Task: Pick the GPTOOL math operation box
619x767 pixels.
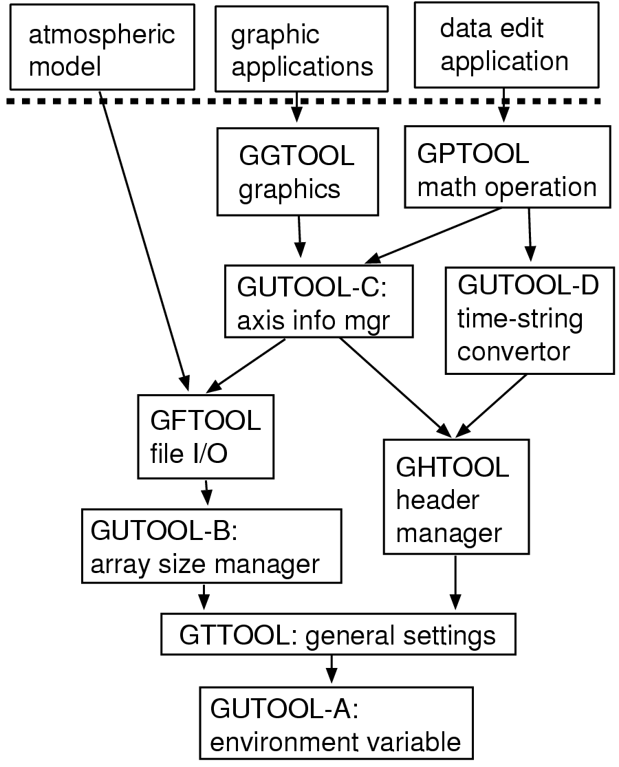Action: pos(507,166)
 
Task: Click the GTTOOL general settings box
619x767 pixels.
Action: pos(338,635)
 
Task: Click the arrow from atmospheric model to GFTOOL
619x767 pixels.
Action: pos(143,241)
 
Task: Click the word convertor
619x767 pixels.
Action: pos(513,352)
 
